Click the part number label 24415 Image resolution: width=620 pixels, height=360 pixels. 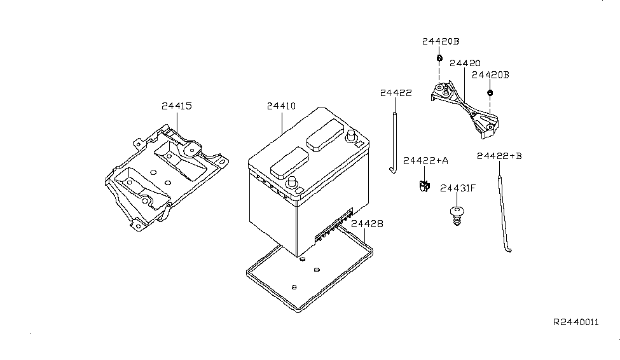[176, 106]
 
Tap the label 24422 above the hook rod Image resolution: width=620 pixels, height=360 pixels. [396, 93]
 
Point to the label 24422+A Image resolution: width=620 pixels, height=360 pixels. [425, 161]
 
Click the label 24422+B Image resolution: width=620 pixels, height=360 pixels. [499, 155]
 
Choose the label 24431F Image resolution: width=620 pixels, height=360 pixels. [458, 188]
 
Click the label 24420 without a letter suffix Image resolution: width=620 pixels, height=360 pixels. [464, 64]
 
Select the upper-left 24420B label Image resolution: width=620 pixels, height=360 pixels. [440, 41]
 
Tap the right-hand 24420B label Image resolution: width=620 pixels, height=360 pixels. [490, 75]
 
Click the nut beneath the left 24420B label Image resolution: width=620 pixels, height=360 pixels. [439, 59]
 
